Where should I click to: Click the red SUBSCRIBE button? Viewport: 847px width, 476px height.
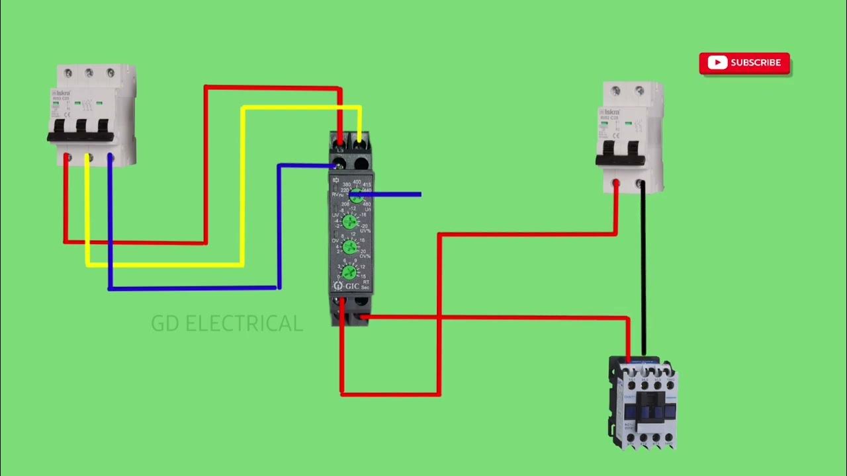[744, 63]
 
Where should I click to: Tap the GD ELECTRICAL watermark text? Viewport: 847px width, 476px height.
[227, 323]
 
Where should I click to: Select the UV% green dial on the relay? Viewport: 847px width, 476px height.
[350, 221]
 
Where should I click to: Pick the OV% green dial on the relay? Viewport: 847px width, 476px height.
[350, 247]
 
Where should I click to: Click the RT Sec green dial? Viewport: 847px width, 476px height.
[350, 272]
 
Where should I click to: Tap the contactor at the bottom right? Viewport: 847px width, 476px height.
[643, 403]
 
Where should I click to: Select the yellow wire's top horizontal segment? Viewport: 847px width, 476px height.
[301, 107]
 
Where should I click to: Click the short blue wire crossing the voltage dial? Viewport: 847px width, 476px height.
[390, 194]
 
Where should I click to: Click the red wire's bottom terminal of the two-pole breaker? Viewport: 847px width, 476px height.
[616, 183]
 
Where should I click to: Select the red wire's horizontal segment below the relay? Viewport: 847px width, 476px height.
[390, 394]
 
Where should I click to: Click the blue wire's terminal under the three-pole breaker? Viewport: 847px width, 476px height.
[110, 159]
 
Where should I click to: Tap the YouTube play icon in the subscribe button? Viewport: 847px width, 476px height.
[717, 63]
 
